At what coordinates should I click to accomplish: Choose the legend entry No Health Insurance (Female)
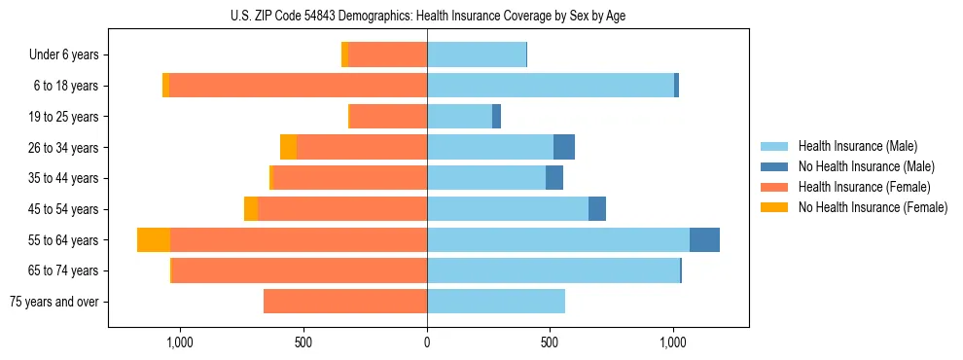tap(873, 207)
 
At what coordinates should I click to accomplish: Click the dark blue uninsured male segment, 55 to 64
tap(704, 239)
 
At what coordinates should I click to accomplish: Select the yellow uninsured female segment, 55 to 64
tap(154, 239)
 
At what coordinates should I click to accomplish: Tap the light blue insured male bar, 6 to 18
tap(551, 86)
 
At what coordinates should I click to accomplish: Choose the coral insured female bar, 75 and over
tap(345, 302)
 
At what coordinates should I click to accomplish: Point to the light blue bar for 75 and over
tap(496, 302)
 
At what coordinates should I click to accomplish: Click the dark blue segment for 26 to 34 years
tap(564, 147)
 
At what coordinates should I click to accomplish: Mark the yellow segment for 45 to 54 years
tap(251, 209)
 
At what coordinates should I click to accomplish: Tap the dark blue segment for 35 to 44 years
tap(554, 178)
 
